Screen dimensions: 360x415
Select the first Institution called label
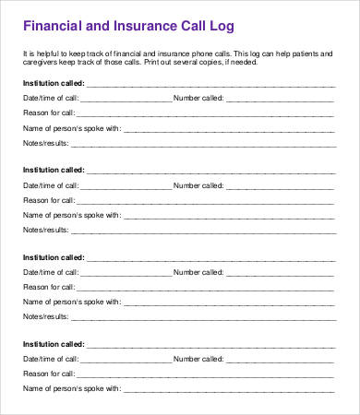(53, 83)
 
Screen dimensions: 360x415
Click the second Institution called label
(53, 171)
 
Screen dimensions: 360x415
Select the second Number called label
(198, 185)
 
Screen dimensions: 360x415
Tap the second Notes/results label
(45, 229)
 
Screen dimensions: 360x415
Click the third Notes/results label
(45, 316)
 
